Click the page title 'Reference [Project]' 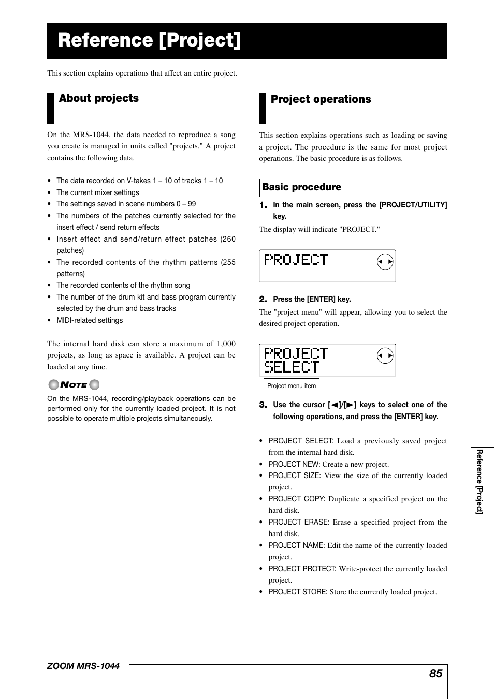(x=149, y=40)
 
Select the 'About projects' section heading (x=99, y=98)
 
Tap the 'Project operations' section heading (x=321, y=99)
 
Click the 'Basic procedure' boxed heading (x=301, y=187)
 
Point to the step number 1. (x=263, y=205)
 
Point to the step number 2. (x=263, y=299)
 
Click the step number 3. (x=263, y=405)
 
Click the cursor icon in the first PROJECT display (x=385, y=262)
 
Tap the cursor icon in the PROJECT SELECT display (x=385, y=355)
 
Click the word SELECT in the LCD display (x=292, y=366)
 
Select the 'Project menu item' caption (x=292, y=386)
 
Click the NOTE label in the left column (x=74, y=384)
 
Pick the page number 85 (x=435, y=673)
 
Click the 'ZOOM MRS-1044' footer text (x=83, y=666)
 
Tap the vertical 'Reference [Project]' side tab (x=480, y=481)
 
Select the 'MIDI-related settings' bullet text (x=90, y=320)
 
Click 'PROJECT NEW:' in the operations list (x=294, y=464)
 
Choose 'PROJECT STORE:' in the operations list (x=298, y=592)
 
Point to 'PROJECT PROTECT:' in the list (x=302, y=569)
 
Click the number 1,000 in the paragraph (x=226, y=344)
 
